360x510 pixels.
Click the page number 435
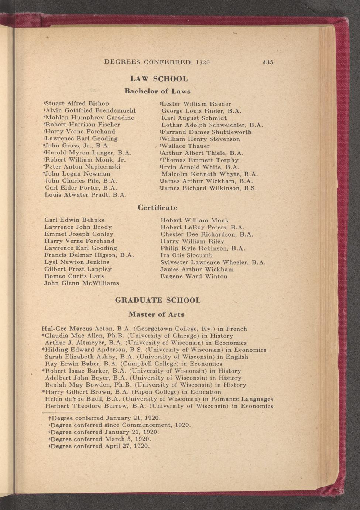click(x=268, y=62)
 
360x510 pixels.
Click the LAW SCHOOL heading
click(x=159, y=79)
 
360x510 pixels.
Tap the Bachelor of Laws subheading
click(x=157, y=91)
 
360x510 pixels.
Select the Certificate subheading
click(x=157, y=208)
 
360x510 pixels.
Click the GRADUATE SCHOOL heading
click(x=158, y=300)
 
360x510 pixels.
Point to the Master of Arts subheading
click(x=156, y=314)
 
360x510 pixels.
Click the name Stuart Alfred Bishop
click(x=77, y=103)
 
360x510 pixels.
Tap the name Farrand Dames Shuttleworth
click(x=206, y=132)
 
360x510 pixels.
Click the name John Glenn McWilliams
click(x=82, y=283)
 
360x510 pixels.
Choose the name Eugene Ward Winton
click(x=194, y=276)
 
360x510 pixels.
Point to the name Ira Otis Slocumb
click(x=186, y=255)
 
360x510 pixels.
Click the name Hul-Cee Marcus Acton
click(x=78, y=329)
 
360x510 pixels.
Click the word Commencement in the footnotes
click(x=146, y=425)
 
